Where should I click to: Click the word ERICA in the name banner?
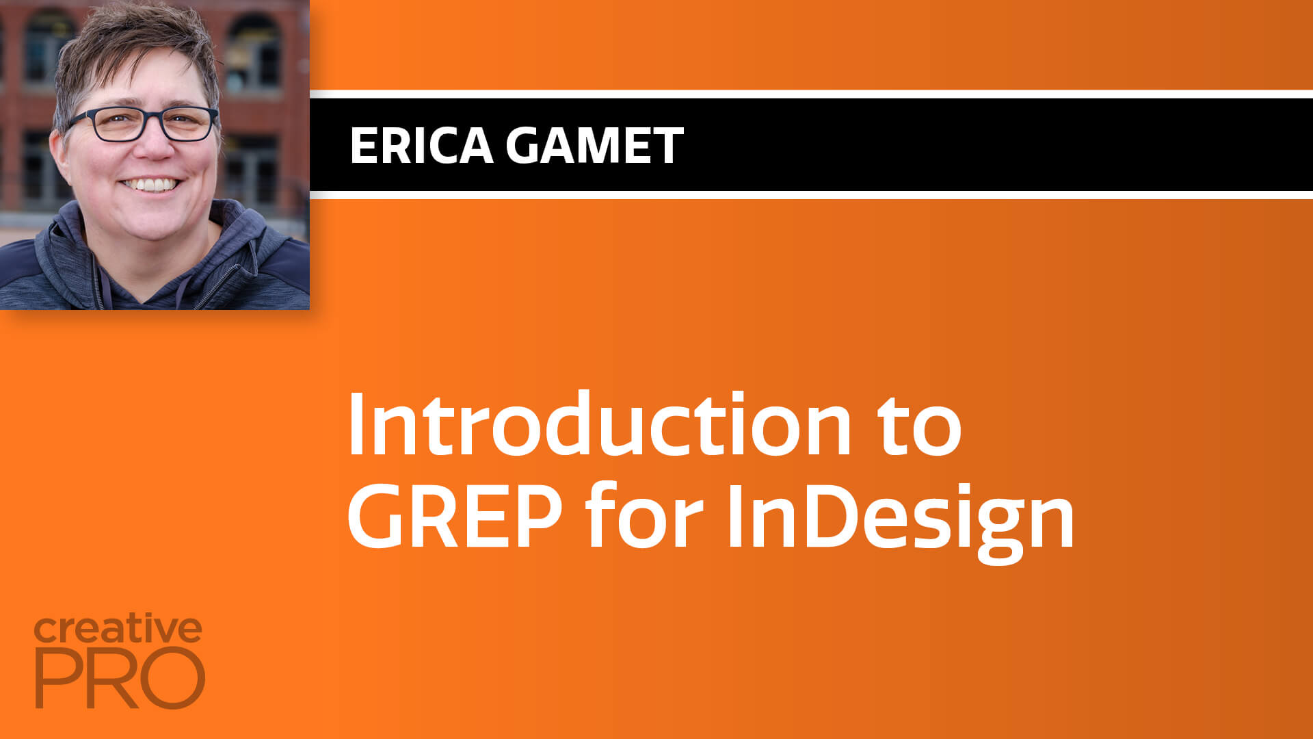coord(421,145)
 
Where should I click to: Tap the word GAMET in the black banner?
coord(595,145)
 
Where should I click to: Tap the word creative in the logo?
coord(118,630)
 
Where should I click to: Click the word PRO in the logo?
coord(120,678)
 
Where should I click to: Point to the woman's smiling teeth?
coord(151,185)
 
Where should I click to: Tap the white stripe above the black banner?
coord(811,94)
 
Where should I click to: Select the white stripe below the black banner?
coord(811,195)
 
